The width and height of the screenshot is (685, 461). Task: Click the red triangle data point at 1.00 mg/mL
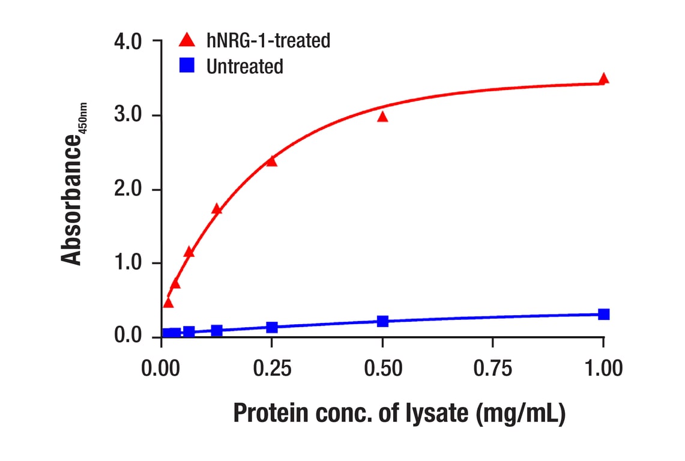pyautogui.click(x=603, y=79)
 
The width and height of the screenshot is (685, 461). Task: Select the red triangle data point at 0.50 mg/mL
pyautogui.click(x=382, y=117)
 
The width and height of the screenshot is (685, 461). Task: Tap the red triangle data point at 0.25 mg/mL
pyautogui.click(x=271, y=161)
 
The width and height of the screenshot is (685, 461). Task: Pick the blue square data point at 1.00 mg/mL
pyautogui.click(x=603, y=314)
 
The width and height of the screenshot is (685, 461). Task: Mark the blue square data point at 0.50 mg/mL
pyautogui.click(x=382, y=321)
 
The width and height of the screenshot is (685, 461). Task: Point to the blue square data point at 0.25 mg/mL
pyautogui.click(x=271, y=327)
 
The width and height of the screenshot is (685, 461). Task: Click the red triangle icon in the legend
pyautogui.click(x=187, y=41)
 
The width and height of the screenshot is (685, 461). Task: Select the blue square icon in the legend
pyautogui.click(x=187, y=66)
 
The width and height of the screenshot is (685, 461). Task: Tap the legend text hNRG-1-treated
pyautogui.click(x=268, y=41)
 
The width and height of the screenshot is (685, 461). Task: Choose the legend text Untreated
pyautogui.click(x=244, y=66)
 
